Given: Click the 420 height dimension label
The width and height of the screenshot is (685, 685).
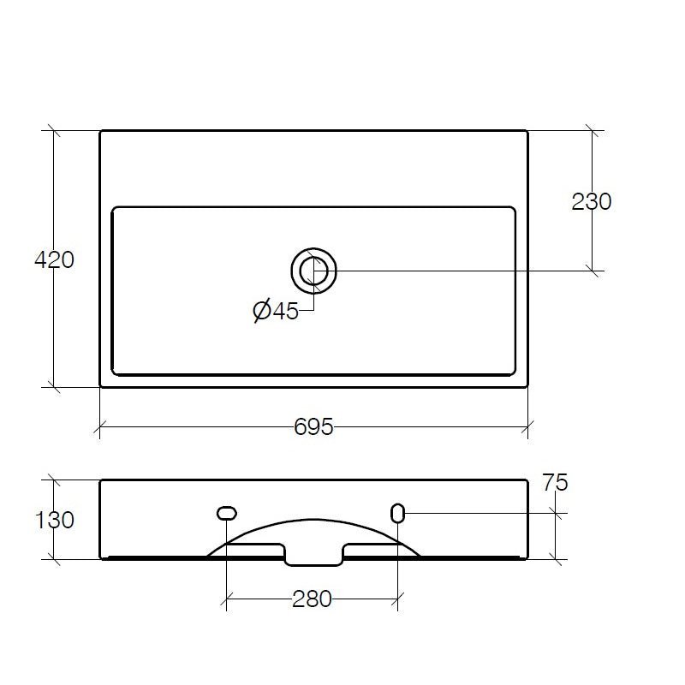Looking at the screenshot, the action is [54, 260].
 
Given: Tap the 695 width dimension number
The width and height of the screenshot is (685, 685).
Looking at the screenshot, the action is [313, 426].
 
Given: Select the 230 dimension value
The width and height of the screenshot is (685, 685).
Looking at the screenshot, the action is [592, 202].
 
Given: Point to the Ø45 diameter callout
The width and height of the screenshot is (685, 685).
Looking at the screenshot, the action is [276, 311].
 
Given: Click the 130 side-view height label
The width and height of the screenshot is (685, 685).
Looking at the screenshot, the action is [54, 521].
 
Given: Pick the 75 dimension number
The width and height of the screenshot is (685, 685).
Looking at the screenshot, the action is [555, 483].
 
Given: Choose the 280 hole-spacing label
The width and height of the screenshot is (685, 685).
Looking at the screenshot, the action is [312, 599].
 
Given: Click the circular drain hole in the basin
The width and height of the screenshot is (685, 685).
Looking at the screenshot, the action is [313, 271].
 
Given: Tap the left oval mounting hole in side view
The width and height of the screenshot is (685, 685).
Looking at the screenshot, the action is [227, 513].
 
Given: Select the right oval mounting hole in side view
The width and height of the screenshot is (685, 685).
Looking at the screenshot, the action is [397, 513].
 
